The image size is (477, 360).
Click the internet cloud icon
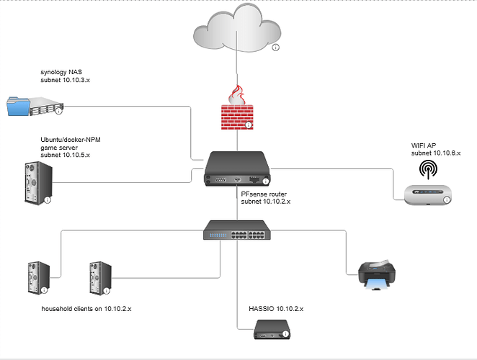tap(236, 32)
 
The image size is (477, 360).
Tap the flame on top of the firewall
tap(236, 94)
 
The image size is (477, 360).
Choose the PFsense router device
tap(236, 168)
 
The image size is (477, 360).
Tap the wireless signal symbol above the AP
tap(428, 168)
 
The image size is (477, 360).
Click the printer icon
tap(378, 275)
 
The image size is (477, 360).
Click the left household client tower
tap(37, 277)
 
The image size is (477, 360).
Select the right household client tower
tap(100, 277)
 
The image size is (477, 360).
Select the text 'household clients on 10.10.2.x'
tap(86, 308)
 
